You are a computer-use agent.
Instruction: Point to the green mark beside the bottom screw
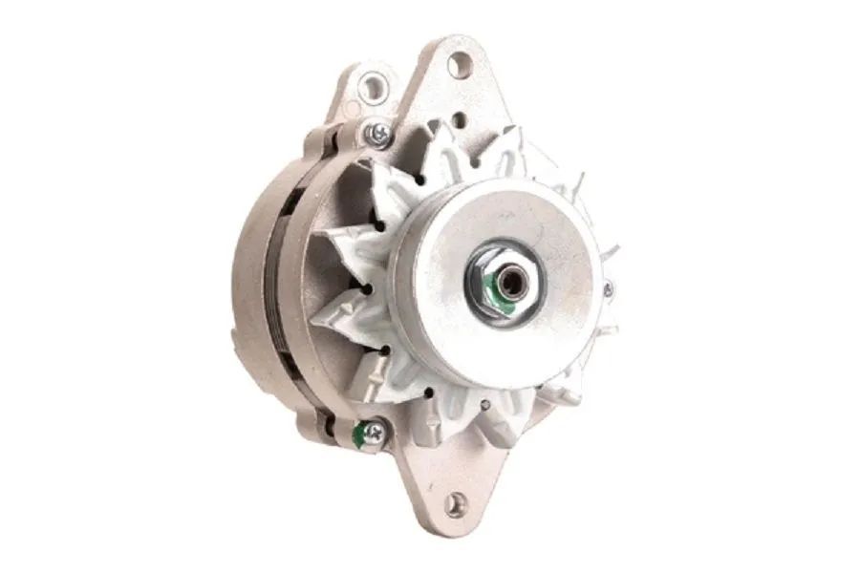coord(358,436)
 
